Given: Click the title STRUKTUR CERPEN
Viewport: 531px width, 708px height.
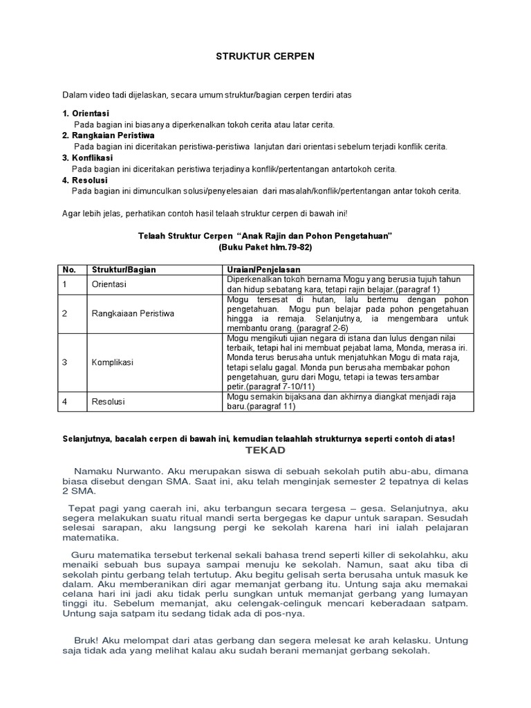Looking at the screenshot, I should (265, 56).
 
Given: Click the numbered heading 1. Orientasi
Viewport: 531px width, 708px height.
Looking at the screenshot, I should (86, 113).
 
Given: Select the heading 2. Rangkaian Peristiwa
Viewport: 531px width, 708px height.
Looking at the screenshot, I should (108, 135).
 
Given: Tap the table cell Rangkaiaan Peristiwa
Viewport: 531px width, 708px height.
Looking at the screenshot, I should (133, 313).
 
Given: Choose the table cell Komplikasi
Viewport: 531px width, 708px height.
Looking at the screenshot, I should (112, 362).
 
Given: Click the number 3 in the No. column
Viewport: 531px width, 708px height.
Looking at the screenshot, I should (64, 362).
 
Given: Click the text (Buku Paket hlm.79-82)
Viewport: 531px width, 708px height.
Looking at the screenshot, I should (265, 247).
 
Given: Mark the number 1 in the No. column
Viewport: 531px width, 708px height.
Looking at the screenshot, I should (64, 284).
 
